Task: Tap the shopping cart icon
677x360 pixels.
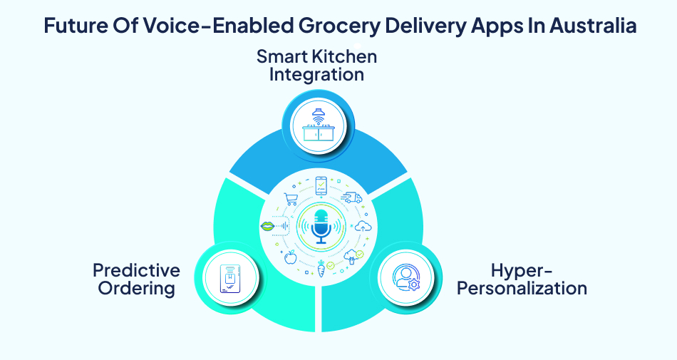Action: point(291,200)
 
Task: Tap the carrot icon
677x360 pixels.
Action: point(321,269)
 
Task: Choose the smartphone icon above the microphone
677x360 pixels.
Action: point(321,186)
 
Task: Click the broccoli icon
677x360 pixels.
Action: point(351,256)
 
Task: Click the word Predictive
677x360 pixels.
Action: point(136,271)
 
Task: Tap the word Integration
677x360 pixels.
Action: point(316,74)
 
